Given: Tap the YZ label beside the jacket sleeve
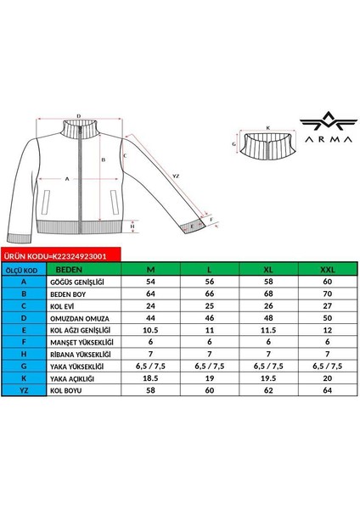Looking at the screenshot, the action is pyautogui.click(x=176, y=176).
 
